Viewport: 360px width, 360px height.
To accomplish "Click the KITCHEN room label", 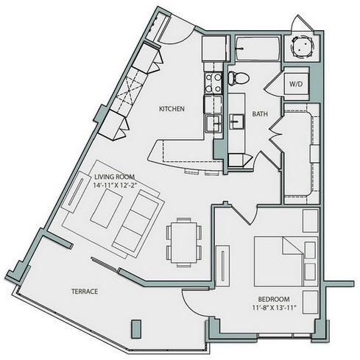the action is coord(172,109).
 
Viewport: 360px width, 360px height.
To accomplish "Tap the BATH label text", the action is coord(260,114).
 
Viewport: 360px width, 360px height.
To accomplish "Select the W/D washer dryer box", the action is coord(296,84).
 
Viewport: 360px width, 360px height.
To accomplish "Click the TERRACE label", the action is coord(85,292).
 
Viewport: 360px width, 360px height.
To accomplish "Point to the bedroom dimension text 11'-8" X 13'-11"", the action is coord(273,308).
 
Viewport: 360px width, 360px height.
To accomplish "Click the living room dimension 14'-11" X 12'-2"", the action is coord(114,185).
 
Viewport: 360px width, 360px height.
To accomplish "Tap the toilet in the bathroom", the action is coord(239,77).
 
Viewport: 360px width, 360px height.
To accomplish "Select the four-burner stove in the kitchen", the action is coord(213,82).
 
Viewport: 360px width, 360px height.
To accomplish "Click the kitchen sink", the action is coord(213,123).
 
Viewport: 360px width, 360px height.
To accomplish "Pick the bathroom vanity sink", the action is coord(236,121).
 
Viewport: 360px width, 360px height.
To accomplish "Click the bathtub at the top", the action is coord(258,49).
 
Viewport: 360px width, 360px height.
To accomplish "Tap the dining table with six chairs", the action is coord(184,242).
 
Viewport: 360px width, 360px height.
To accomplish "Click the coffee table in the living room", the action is coord(107,208).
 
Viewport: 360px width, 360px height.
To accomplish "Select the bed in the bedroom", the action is coord(286,261).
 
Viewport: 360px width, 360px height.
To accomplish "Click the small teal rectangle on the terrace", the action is coord(136,329).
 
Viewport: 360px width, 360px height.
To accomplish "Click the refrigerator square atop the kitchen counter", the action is coord(214,49).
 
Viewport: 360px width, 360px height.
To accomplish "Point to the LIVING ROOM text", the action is coord(114,177).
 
